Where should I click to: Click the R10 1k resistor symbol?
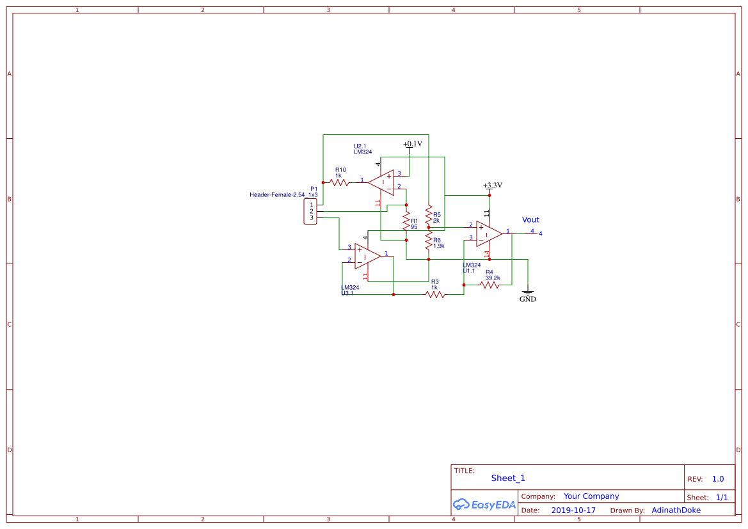(340, 182)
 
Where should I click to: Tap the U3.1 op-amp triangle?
(367, 255)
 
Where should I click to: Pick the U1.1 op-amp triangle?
(488, 233)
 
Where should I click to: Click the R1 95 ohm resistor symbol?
(406, 221)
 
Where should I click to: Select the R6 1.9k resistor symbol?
(428, 241)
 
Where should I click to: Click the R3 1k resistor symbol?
(435, 294)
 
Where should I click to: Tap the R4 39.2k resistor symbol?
(490, 285)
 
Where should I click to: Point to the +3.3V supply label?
(492, 186)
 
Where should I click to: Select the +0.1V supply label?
(412, 144)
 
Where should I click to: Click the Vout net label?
(530, 220)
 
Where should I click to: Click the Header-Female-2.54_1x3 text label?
(283, 194)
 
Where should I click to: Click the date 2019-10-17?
(573, 510)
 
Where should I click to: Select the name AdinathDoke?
(676, 510)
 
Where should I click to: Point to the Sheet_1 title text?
(508, 478)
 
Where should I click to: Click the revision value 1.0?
(717, 479)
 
